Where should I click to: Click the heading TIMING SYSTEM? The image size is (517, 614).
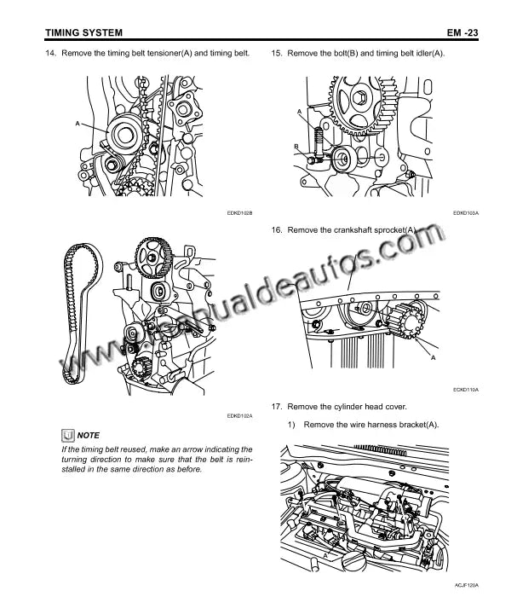pos(83,32)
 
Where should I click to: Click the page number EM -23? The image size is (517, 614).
pos(462,32)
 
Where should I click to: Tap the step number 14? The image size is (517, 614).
pos(51,53)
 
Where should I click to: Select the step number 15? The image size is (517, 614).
pos(277,53)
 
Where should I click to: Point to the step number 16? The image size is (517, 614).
pos(277,230)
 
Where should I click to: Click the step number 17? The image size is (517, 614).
pos(277,407)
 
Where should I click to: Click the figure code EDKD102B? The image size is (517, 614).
pos(239,213)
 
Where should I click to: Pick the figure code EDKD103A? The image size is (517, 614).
pos(466,213)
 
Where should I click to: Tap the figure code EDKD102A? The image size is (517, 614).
pos(239,416)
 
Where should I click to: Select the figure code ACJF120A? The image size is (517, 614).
pos(466,585)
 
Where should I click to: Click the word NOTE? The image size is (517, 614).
pos(88,436)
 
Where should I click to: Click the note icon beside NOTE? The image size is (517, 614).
pos(67,435)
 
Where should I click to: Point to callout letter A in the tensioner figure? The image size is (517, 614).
pos(78,124)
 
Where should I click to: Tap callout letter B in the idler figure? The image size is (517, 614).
pos(296,147)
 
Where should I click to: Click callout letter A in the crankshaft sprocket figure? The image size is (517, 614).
pos(433,357)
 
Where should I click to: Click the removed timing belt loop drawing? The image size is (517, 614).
pos(82,313)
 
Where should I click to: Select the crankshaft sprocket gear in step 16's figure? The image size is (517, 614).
pos(406,322)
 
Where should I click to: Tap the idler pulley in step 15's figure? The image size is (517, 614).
pos(343,159)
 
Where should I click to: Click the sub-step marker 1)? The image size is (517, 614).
pos(291,425)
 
